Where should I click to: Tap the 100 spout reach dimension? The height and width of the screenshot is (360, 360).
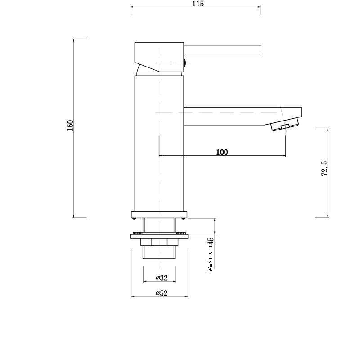click(x=222, y=152)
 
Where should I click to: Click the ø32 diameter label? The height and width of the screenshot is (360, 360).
click(x=162, y=278)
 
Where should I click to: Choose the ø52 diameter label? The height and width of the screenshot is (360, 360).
click(x=162, y=293)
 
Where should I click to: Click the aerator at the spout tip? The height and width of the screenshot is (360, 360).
click(x=284, y=126)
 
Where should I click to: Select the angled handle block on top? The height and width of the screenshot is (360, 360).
click(x=157, y=56)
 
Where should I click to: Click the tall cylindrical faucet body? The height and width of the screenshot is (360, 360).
click(x=159, y=144)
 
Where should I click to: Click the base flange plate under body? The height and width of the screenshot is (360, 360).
click(x=159, y=215)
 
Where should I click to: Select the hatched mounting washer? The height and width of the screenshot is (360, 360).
click(x=159, y=235)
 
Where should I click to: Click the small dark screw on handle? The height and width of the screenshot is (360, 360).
click(x=184, y=63)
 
